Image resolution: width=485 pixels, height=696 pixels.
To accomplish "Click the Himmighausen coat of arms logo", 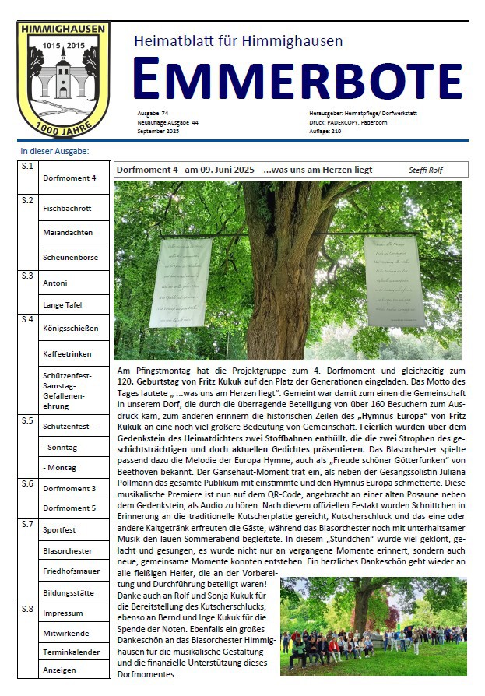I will click(63, 78).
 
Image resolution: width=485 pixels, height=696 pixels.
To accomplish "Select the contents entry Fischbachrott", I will click(68, 208).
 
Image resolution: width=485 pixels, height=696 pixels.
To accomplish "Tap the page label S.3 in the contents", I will click(27, 276).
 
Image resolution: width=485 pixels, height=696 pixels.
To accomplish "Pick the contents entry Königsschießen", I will click(71, 329).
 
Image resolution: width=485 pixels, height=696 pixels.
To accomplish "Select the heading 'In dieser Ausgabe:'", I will click(54, 151).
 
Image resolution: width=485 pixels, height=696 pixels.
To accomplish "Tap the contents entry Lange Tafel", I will click(63, 305).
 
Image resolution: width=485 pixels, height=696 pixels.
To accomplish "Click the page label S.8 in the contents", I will click(27, 608).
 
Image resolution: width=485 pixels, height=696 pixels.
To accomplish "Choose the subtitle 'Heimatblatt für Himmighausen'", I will click(238, 40).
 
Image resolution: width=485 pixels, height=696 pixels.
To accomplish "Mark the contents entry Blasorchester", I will click(68, 551).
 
